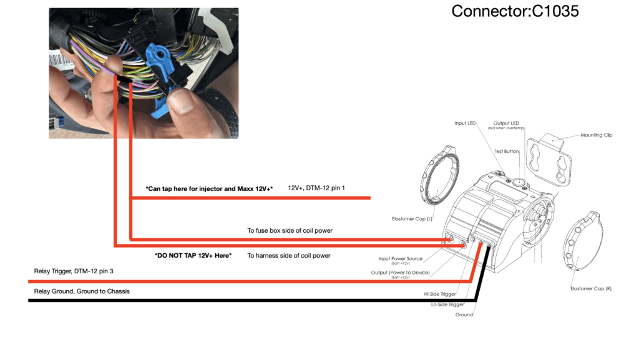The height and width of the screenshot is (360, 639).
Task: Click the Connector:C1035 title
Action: click(x=515, y=11)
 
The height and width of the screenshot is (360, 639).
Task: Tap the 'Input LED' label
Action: click(x=465, y=123)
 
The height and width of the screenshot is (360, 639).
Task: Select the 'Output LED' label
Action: click(x=506, y=123)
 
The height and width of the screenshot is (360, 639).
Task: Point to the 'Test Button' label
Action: click(x=507, y=151)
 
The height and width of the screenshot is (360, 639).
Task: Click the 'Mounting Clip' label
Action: click(x=596, y=135)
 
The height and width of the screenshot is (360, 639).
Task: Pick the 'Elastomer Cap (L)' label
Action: click(x=412, y=219)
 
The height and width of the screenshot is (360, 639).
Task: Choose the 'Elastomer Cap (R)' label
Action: click(x=590, y=288)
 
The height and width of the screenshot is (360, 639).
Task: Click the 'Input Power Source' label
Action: click(x=400, y=258)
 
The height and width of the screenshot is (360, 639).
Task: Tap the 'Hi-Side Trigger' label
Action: click(x=440, y=294)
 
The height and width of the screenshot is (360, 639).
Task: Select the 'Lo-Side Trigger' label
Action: click(x=447, y=304)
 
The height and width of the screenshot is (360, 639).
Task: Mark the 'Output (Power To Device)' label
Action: click(x=400, y=273)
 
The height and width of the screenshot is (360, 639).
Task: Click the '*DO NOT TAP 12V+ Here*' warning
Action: click(x=193, y=255)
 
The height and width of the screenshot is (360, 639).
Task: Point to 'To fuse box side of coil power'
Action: click(x=290, y=230)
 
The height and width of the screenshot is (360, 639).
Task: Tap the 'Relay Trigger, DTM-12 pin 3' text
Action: click(x=74, y=271)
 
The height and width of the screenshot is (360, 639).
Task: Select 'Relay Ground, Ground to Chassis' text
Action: click(x=82, y=291)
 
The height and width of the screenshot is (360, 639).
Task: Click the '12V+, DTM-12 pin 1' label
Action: click(x=316, y=188)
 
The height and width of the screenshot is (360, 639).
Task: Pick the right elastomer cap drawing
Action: click(x=582, y=241)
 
